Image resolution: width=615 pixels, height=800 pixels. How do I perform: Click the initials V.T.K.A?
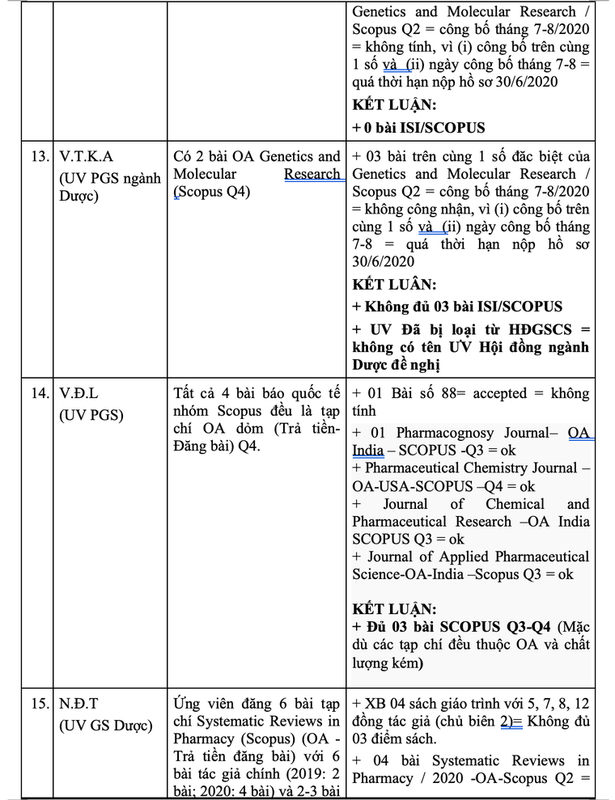click(87, 156)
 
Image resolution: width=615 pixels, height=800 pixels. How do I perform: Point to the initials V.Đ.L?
click(78, 394)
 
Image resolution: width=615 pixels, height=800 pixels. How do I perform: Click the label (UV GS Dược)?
click(105, 726)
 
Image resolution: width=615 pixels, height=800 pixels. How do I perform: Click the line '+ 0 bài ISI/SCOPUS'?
click(418, 127)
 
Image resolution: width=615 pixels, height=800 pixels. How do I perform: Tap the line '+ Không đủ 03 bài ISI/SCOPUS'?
click(457, 307)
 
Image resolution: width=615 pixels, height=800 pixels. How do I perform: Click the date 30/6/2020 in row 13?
click(383, 261)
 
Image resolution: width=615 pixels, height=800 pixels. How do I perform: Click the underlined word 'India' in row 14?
click(367, 451)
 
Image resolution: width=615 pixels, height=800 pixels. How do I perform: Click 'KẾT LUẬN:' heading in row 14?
click(394, 609)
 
